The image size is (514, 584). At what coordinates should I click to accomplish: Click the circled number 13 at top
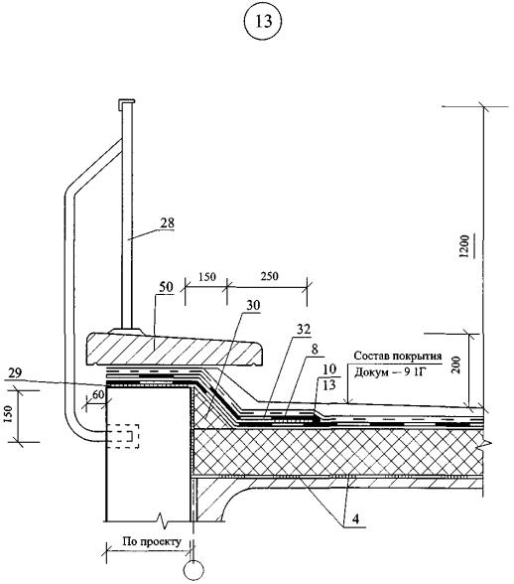click(x=264, y=22)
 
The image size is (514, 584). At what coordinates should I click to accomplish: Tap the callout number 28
click(x=167, y=222)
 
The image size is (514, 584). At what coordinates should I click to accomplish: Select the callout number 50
click(x=166, y=287)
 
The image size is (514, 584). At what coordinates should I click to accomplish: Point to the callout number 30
click(x=253, y=306)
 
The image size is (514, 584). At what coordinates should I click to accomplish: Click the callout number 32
click(x=304, y=330)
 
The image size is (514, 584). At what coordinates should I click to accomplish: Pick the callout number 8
click(x=316, y=349)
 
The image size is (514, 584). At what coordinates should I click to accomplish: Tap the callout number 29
click(x=15, y=372)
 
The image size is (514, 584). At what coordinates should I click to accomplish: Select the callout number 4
click(x=355, y=518)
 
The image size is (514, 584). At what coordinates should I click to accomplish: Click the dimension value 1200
click(x=463, y=246)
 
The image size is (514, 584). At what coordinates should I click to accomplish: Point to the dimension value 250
click(x=269, y=276)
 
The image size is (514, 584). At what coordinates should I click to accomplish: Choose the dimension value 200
click(x=457, y=365)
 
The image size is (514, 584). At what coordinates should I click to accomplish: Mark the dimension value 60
click(x=98, y=395)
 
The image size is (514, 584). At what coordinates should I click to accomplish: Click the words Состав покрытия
click(x=398, y=356)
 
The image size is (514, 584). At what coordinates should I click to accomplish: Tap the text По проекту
click(x=152, y=541)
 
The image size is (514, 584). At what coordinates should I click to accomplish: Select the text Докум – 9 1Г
click(x=389, y=372)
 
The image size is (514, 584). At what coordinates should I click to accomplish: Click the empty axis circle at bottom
click(x=193, y=570)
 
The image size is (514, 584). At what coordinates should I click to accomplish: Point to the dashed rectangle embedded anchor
click(x=123, y=436)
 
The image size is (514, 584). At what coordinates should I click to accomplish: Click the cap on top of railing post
click(x=127, y=102)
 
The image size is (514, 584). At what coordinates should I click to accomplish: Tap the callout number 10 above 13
click(x=329, y=369)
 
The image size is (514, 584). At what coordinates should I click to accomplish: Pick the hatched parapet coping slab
click(x=175, y=349)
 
